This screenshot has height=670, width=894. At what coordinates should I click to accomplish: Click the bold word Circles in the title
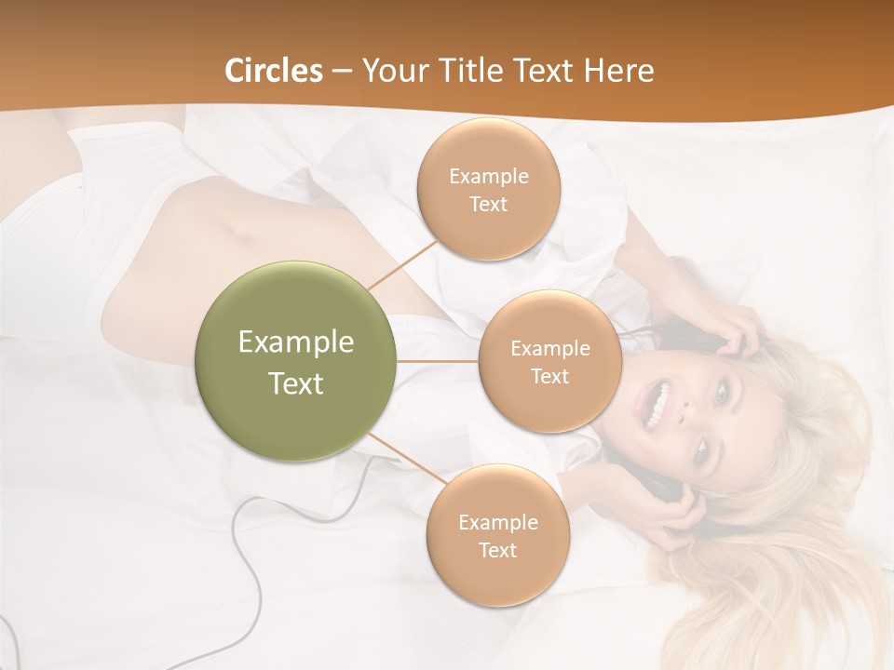(x=274, y=71)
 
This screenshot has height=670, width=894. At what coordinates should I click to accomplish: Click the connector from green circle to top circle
(x=402, y=263)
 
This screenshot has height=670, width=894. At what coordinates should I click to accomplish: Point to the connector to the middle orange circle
(x=438, y=361)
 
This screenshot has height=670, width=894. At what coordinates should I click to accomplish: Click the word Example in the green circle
(x=296, y=342)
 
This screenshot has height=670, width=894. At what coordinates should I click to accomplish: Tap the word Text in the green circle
(x=296, y=383)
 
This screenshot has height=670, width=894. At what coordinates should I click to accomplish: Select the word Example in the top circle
(x=488, y=176)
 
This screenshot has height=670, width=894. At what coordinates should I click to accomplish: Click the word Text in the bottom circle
(x=497, y=550)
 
